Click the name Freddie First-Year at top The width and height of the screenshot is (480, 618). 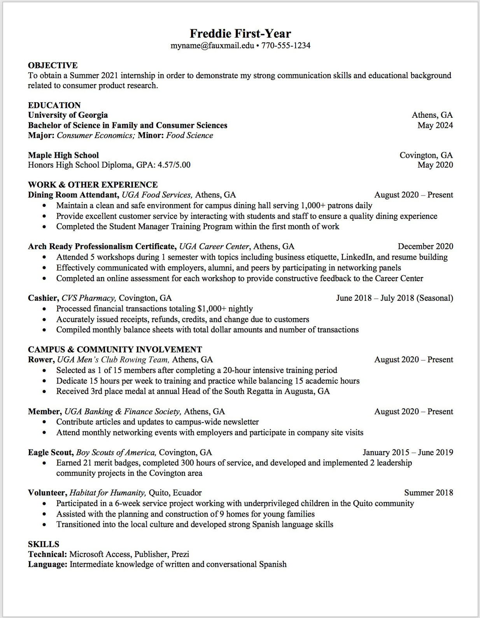240,33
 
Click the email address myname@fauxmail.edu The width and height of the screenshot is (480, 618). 212,45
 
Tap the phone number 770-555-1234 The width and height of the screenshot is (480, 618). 286,45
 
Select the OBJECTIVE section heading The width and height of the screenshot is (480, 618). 53,65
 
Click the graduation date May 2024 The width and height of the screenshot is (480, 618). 435,125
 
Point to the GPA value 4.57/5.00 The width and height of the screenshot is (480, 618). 174,165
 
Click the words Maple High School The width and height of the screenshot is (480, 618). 63,155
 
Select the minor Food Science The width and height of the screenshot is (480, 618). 189,135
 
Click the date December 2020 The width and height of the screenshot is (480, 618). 425,246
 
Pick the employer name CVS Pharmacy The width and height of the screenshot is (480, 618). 88,298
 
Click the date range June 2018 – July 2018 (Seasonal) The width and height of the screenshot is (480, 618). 394,298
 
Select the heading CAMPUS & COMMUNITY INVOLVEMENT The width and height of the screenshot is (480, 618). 115,349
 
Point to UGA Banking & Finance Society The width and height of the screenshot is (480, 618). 122,412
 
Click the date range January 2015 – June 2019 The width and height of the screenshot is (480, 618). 408,452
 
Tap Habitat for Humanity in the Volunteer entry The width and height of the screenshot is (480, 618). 107,493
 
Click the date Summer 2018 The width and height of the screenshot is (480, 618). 428,493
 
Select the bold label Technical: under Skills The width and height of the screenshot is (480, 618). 47,554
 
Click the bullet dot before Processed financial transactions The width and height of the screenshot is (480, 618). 46,309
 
